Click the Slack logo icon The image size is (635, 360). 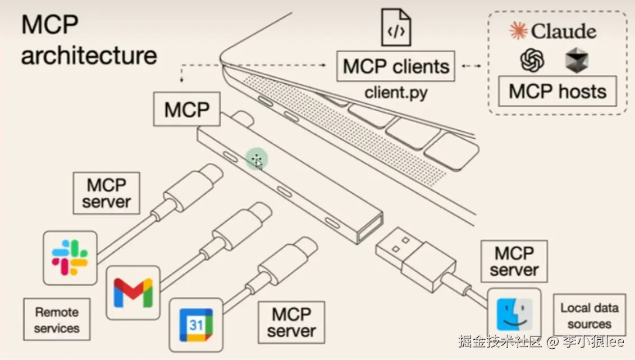(x=70, y=258)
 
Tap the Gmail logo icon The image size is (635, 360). (x=133, y=292)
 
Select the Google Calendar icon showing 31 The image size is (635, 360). (x=196, y=325)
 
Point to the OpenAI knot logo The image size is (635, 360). (x=532, y=60)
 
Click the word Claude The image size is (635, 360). (x=563, y=31)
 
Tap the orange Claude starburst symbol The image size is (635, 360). (x=518, y=31)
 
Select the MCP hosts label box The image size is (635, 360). (x=558, y=91)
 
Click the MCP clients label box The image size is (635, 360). (x=396, y=66)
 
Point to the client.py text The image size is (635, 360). (x=396, y=92)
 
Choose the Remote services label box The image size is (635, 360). (x=57, y=320)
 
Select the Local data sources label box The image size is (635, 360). (x=589, y=316)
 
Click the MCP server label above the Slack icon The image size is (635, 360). (x=106, y=193)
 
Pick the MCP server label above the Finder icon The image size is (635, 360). (x=514, y=261)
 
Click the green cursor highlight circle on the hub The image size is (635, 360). (x=257, y=161)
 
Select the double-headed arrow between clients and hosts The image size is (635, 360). (x=472, y=66)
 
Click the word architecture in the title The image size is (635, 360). (x=89, y=56)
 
